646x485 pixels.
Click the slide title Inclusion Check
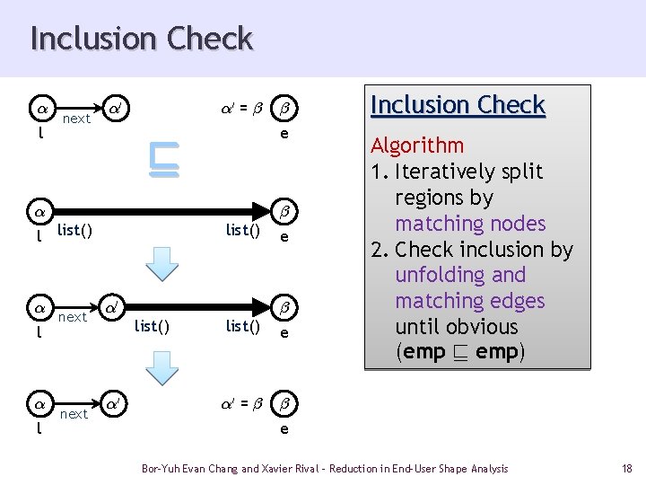click(x=142, y=39)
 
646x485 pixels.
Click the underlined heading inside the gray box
click(x=458, y=105)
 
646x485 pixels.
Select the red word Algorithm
click(x=417, y=145)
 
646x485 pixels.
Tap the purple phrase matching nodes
click(x=470, y=224)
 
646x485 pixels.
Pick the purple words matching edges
click(x=470, y=301)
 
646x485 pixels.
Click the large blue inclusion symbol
click(x=164, y=160)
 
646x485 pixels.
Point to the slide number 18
click(x=626, y=469)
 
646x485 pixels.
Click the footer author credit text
click(x=325, y=469)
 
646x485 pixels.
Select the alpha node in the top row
click(x=42, y=109)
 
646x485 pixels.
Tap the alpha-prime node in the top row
click(x=116, y=109)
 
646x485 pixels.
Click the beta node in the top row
click(x=284, y=109)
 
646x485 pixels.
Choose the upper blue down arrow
click(x=161, y=264)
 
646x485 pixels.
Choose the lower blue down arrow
click(x=161, y=368)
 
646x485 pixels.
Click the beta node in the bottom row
click(x=284, y=403)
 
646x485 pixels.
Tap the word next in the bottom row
click(x=74, y=414)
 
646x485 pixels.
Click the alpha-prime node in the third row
click(x=111, y=308)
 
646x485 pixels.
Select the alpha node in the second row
click(x=40, y=212)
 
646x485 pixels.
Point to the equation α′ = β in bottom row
click(x=242, y=403)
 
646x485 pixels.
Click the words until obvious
click(x=457, y=327)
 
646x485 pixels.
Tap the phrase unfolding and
click(x=460, y=275)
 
